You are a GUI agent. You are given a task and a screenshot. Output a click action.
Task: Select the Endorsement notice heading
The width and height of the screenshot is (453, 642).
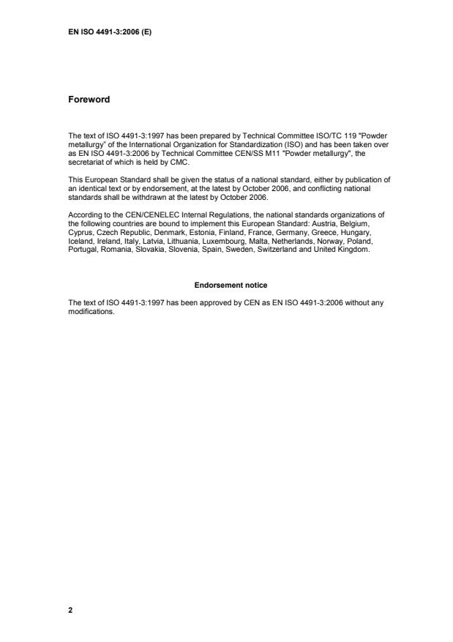[225, 284]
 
